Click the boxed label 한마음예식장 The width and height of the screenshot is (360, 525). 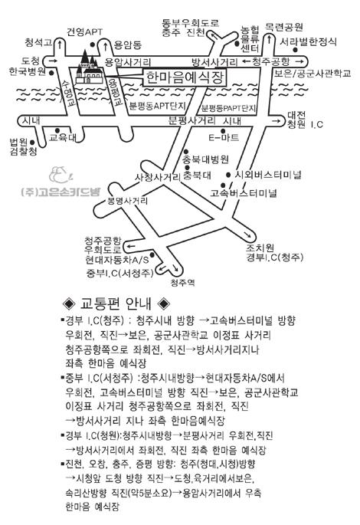tap(185, 77)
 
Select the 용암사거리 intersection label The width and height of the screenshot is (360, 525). tap(128, 62)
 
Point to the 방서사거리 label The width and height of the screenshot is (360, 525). tap(214, 62)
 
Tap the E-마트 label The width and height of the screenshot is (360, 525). tap(224, 137)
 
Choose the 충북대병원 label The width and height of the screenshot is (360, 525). tap(205, 159)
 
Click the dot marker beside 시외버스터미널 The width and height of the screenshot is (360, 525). tap(228, 175)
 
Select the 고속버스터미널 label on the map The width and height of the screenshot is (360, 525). tap(244, 193)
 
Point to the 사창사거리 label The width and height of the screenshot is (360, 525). tap(158, 177)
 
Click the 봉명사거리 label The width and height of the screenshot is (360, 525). tap(127, 201)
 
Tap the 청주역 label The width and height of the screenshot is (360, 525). tap(182, 283)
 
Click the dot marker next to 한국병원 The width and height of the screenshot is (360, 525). tap(52, 72)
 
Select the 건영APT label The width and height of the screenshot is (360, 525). tap(84, 32)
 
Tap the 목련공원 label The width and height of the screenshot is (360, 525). tap(284, 27)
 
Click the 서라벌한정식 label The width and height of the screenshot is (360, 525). tap(308, 42)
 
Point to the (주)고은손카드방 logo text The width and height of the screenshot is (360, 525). tap(61, 192)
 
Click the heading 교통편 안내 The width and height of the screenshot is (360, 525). tap(116, 304)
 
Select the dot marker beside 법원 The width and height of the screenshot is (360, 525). tap(32, 143)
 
